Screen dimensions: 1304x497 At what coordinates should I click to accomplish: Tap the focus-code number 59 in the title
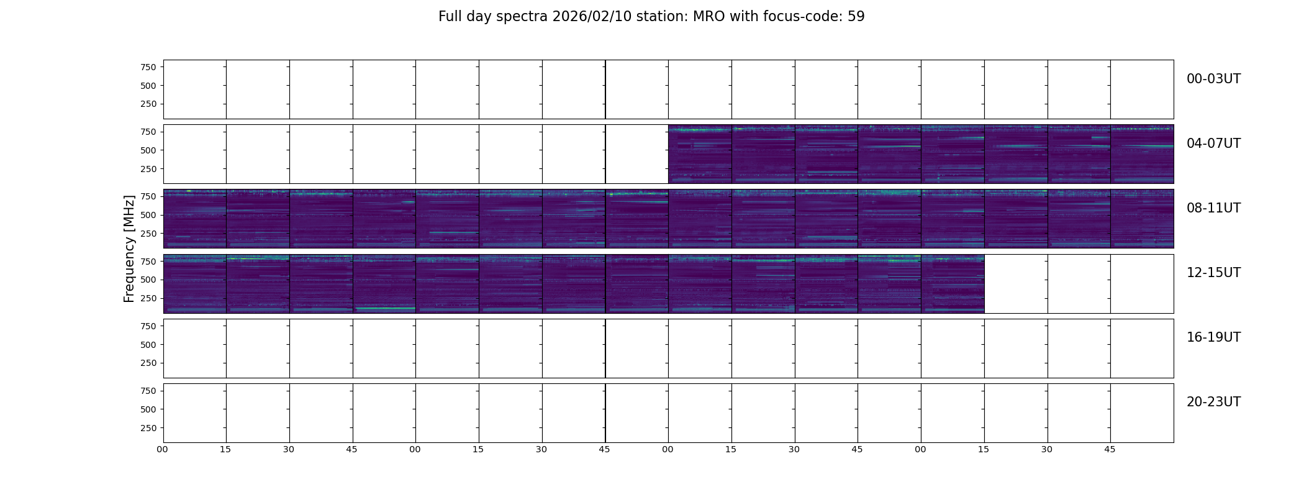click(856, 17)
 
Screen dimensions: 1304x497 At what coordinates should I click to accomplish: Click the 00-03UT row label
click(1213, 79)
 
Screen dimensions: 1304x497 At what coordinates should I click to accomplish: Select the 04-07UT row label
click(1213, 144)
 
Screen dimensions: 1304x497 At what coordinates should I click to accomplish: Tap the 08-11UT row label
click(1213, 208)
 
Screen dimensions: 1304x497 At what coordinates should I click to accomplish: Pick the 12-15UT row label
click(1213, 273)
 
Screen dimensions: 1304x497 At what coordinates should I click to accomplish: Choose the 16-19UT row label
click(1213, 337)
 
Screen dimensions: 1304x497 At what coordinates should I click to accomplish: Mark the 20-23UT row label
click(1213, 402)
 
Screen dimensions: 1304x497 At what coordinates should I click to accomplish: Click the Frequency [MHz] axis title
click(129, 248)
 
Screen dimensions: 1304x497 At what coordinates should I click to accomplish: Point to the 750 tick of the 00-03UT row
click(148, 67)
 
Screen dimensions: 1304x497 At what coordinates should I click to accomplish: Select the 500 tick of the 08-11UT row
click(148, 215)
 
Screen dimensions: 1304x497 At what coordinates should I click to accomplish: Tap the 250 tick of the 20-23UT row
click(148, 428)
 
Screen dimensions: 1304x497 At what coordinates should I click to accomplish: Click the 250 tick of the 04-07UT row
click(148, 169)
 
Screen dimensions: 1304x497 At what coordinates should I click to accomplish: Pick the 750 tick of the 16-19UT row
click(148, 326)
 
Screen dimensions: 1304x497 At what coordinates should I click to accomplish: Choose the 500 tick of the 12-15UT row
click(148, 280)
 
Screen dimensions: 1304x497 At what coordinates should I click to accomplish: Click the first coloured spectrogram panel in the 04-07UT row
click(700, 154)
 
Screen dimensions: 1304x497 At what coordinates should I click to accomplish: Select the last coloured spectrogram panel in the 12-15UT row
click(953, 283)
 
